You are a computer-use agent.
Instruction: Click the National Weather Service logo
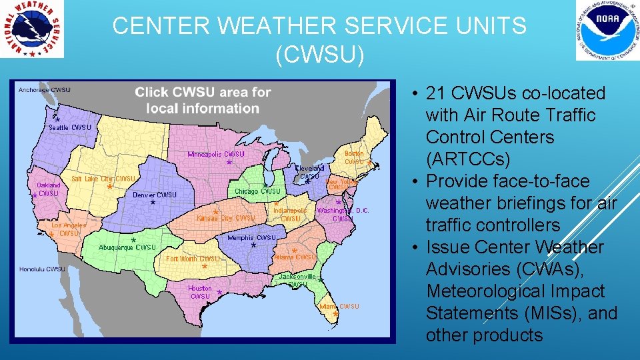click(x=33, y=29)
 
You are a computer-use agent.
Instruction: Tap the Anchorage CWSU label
click(x=44, y=90)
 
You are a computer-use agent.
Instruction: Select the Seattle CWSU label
click(x=70, y=127)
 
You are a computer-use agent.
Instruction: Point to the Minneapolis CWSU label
click(x=216, y=154)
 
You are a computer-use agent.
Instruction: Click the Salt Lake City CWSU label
click(x=103, y=179)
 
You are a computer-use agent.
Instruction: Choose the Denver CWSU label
click(x=154, y=195)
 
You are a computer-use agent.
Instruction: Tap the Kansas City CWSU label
click(x=226, y=218)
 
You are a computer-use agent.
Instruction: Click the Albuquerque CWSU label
click(x=127, y=247)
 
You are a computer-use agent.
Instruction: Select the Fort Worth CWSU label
click(x=193, y=259)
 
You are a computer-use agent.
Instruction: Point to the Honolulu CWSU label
click(x=42, y=269)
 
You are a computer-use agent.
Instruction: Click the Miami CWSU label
click(x=339, y=307)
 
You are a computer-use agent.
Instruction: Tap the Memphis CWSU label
click(x=251, y=237)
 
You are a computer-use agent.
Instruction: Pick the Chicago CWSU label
click(x=258, y=191)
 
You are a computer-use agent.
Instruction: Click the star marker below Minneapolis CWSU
click(x=229, y=162)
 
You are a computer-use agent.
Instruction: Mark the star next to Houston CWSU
click(x=219, y=293)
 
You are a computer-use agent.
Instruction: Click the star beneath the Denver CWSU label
click(x=153, y=202)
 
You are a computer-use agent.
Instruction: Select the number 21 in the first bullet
click(x=437, y=93)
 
